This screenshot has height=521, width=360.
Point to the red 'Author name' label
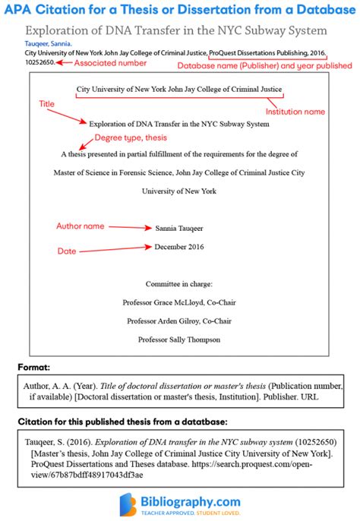pyautogui.click(x=80, y=226)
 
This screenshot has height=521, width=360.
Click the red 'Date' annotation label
pyautogui.click(x=68, y=250)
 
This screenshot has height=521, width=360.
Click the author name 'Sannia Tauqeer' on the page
pyautogui.click(x=178, y=228)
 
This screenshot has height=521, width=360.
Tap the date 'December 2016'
pyautogui.click(x=180, y=247)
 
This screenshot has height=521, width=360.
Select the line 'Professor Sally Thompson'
pyautogui.click(x=179, y=339)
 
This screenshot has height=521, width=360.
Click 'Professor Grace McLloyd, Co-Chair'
pyautogui.click(x=179, y=302)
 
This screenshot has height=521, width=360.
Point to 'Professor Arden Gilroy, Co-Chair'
pyautogui.click(x=179, y=320)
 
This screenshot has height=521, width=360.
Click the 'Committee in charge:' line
pyautogui.click(x=179, y=283)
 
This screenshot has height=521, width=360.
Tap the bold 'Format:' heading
pyautogui.click(x=35, y=368)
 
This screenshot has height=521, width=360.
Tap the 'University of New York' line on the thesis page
pyautogui.click(x=179, y=191)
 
